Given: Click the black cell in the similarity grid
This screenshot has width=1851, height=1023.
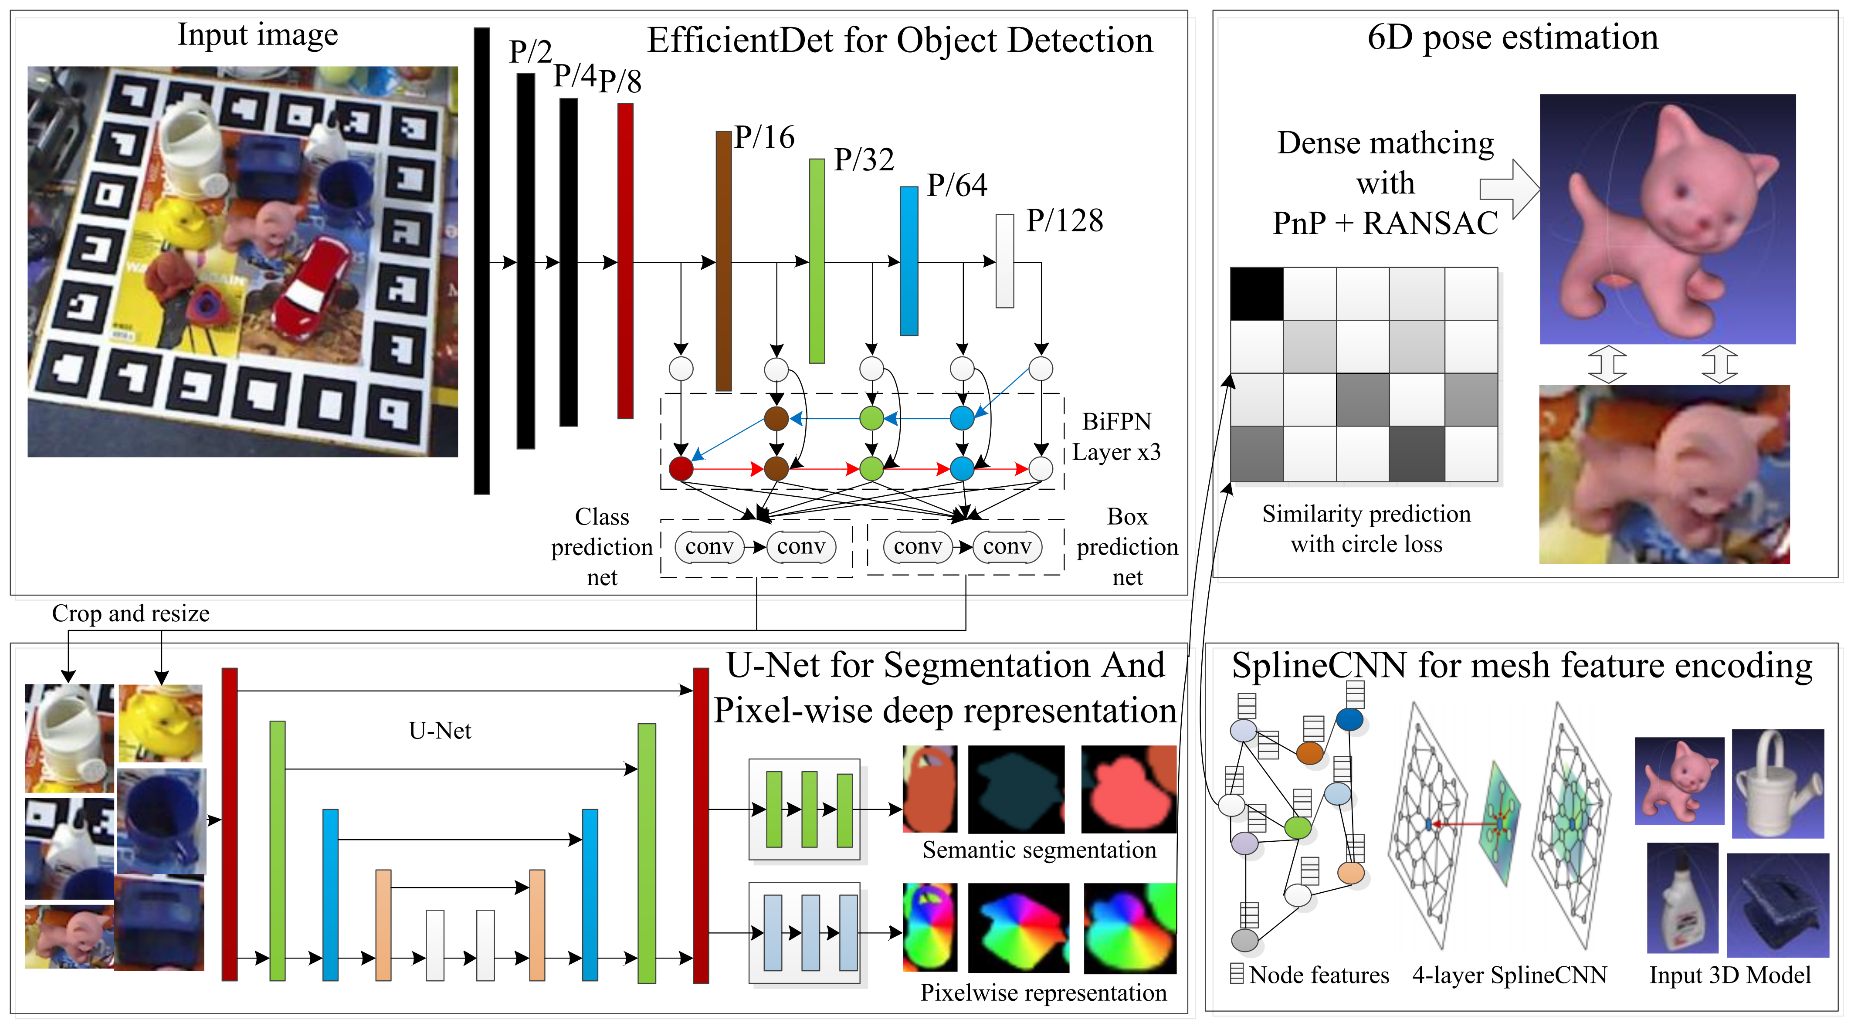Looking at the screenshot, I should pos(1256,293).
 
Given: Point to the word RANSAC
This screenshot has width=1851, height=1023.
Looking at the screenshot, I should pos(1430,224).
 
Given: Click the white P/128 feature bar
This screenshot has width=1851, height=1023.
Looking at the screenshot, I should pos(1004,261).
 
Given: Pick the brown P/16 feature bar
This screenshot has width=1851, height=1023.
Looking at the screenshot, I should pos(724,261).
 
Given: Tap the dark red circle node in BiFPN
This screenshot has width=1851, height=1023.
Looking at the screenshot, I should pos(681,468).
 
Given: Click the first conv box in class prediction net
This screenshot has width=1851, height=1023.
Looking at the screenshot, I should pos(709,547).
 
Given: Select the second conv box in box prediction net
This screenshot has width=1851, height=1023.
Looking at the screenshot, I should pos(1007,547).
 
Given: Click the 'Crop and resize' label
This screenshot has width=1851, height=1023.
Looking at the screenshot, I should pos(131,613).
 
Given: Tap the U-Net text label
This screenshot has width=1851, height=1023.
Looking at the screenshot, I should pos(440,731).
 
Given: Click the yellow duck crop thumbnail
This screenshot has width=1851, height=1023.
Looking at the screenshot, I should pos(160,723).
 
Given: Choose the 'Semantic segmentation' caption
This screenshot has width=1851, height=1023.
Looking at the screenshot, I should pos(1039,850).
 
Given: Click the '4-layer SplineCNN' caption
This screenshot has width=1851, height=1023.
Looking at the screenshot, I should pos(1509,975).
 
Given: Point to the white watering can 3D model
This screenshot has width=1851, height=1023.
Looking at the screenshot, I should pos(1778,785).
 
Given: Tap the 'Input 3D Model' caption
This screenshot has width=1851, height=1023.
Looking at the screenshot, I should pos(1729,975).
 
